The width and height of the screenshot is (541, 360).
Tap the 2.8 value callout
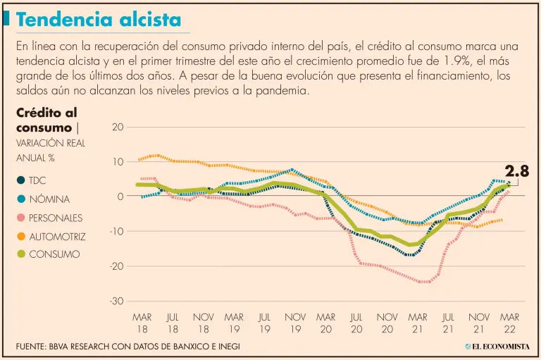(x=516, y=171)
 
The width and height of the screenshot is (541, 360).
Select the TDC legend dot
(x=21, y=180)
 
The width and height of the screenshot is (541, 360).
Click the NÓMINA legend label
(x=49, y=199)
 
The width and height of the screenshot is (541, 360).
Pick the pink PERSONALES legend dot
(x=21, y=218)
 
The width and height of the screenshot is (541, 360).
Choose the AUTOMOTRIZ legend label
(x=57, y=236)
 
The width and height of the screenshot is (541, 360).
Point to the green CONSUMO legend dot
(x=21, y=254)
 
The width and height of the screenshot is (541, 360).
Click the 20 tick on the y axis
(x=118, y=128)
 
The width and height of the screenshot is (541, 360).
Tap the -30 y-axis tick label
(x=116, y=302)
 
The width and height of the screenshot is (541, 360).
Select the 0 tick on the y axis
(x=120, y=197)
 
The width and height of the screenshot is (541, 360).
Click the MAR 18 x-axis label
(x=142, y=323)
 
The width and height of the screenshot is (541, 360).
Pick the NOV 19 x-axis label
(x=295, y=323)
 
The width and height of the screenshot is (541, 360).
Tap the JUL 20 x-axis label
(x=356, y=323)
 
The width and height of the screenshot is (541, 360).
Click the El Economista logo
(x=496, y=347)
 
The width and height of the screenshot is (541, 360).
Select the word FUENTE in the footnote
(x=33, y=347)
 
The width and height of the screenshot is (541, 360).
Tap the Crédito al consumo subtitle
(x=46, y=120)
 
